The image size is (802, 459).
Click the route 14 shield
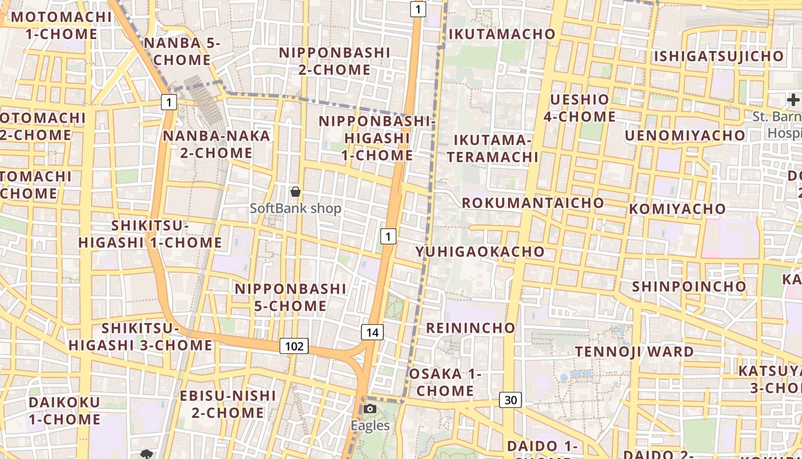(x=372, y=332)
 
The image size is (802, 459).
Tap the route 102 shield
(x=294, y=346)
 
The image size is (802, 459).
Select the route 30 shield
(x=510, y=400)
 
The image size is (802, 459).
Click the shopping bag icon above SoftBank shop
(x=296, y=192)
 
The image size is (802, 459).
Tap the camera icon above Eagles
(x=370, y=409)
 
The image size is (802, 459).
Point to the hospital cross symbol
(x=793, y=99)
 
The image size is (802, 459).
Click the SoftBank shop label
(x=296, y=208)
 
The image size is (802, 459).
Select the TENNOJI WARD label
(x=634, y=351)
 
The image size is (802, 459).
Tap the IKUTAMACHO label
(x=502, y=34)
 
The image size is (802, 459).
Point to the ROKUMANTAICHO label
(x=533, y=203)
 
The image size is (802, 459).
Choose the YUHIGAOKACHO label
(x=480, y=251)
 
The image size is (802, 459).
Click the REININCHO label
(x=470, y=328)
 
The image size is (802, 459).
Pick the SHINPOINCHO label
(x=689, y=286)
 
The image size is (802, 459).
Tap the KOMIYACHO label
(x=677, y=209)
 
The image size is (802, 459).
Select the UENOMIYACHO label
(x=685, y=135)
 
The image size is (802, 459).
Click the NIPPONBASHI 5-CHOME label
(x=290, y=297)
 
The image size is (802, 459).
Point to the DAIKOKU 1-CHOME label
(x=64, y=410)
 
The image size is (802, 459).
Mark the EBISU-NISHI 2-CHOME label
(x=228, y=404)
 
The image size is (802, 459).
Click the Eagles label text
(x=370, y=426)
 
